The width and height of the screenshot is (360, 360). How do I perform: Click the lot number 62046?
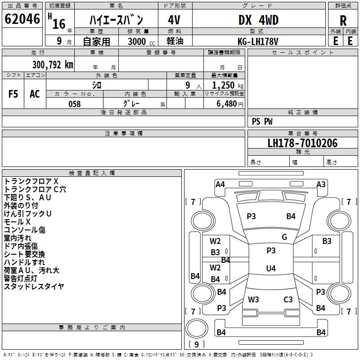[22, 20]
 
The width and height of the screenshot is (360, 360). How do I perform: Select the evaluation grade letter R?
[343, 21]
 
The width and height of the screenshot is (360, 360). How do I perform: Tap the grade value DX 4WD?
[258, 20]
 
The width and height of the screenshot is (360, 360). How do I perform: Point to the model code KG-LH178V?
[258, 41]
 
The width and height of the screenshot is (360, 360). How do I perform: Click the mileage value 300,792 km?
[53, 64]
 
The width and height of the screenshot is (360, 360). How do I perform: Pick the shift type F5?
[13, 94]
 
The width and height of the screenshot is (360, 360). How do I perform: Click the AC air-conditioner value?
[35, 94]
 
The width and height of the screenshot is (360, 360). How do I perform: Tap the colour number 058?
[74, 104]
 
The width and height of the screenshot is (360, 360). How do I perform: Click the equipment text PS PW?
[262, 121]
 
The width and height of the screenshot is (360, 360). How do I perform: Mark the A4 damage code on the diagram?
[220, 184]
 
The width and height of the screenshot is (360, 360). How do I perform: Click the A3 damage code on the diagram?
[321, 184]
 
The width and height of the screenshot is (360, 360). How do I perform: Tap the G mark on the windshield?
[284, 237]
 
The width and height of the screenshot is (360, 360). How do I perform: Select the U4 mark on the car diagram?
[270, 269]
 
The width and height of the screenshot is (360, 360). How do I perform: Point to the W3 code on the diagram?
[253, 299]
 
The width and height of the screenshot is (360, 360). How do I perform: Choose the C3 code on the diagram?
[288, 299]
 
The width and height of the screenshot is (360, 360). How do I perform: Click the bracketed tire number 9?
[196, 344]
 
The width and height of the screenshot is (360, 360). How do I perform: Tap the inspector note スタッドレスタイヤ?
[34, 287]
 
